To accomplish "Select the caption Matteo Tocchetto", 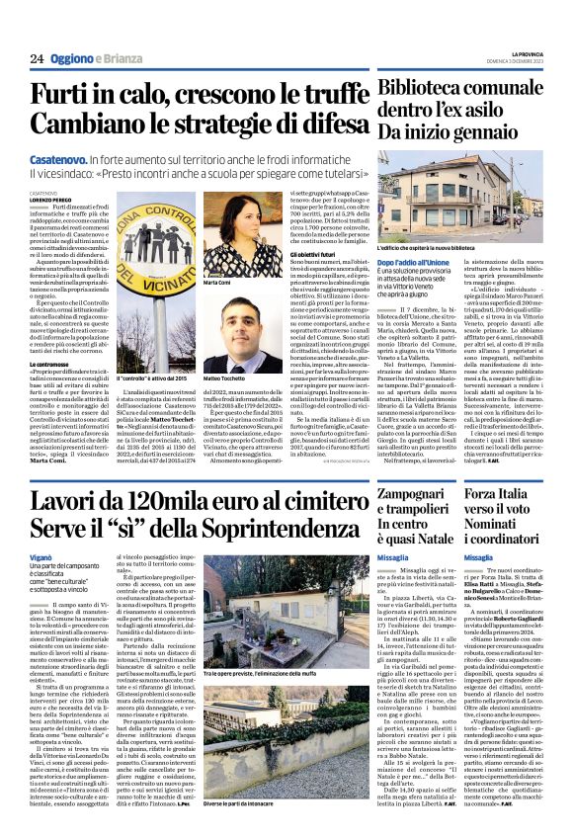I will [x=226, y=378].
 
